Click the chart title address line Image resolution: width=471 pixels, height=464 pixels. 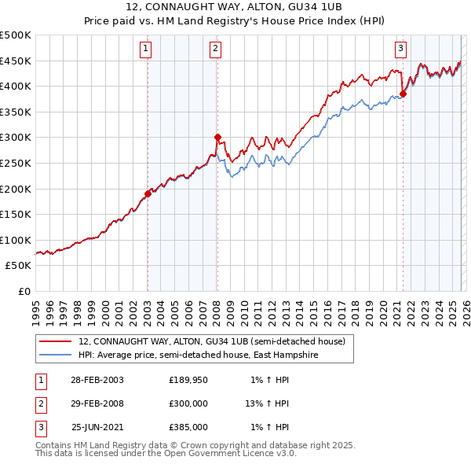pos(235,6)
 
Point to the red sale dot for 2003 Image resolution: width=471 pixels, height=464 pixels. pos(148,193)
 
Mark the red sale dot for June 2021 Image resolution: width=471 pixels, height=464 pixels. pos(403,94)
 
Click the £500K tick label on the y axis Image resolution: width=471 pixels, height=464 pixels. pos(16,35)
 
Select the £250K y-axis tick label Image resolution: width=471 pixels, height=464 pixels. pos(16,163)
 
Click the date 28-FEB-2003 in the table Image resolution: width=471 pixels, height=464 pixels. pos(97,380)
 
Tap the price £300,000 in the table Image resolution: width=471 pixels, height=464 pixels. pos(188,403)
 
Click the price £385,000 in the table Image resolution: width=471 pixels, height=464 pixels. pos(188,427)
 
